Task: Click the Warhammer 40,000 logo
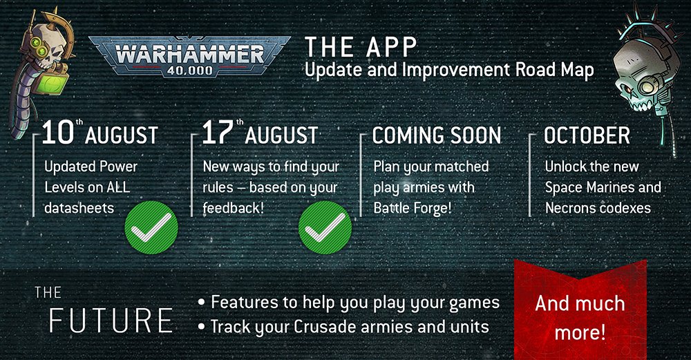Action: pyautogui.click(x=189, y=57)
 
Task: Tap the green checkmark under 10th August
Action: pyautogui.click(x=151, y=227)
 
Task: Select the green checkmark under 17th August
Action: pyautogui.click(x=325, y=227)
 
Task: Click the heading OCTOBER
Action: pyautogui.click(x=587, y=135)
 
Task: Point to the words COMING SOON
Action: pyautogui.click(x=437, y=135)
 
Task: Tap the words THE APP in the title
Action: pyautogui.click(x=361, y=47)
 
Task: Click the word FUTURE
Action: pyautogui.click(x=111, y=321)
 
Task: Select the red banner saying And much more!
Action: pyautogui.click(x=580, y=310)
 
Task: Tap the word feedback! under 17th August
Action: pyautogui.click(x=233, y=207)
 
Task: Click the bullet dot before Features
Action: pyautogui.click(x=201, y=303)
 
